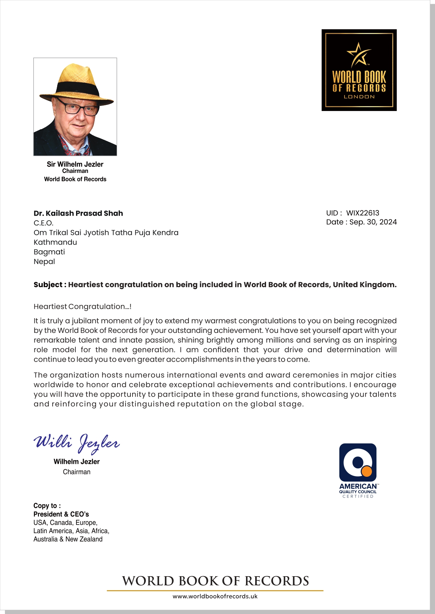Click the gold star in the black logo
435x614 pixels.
358,54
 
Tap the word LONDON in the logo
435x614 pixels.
359,97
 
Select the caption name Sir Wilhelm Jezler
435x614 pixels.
75,164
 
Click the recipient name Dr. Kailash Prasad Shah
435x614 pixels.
78,213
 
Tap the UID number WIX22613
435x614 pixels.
362,213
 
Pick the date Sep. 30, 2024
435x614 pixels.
373,222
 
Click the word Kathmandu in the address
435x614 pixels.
55,242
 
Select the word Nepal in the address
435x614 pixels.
44,261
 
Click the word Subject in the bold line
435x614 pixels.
48,285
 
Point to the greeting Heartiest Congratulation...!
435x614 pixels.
82,307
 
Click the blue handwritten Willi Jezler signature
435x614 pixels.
76,443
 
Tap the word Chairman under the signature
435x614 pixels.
76,472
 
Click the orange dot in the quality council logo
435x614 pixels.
366,471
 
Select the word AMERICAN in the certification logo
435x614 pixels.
358,486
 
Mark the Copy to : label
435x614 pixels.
47,505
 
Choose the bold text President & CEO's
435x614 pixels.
61,514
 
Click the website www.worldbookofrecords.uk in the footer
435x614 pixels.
215,596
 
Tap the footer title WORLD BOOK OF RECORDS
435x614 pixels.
215,581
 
